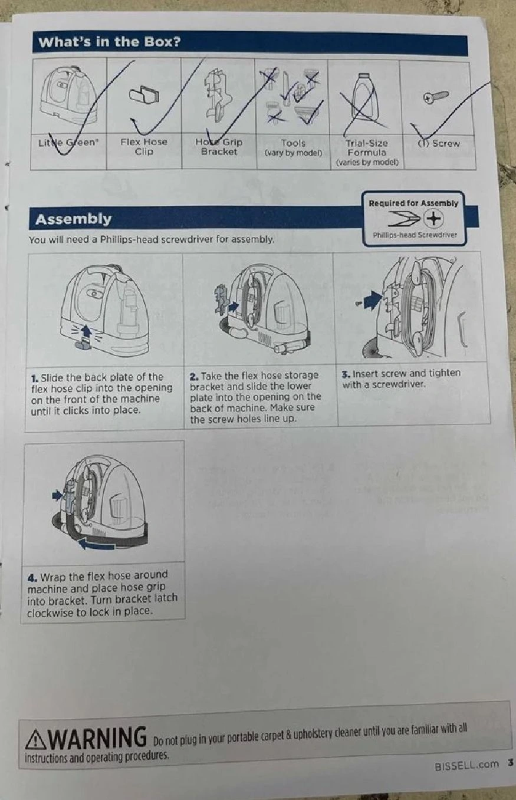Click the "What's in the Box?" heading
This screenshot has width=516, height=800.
[110, 42]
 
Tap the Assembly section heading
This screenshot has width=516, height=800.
[73, 219]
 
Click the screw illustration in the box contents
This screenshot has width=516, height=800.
[435, 97]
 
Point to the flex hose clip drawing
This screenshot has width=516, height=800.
[144, 94]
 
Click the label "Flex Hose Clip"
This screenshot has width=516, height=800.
[144, 146]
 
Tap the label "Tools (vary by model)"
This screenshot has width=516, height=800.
[293, 148]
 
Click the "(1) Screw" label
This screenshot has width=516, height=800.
[439, 143]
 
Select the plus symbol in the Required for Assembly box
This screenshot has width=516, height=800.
[434, 219]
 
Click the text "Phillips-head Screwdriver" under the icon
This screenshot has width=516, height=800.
[415, 235]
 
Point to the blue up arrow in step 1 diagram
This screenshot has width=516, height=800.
[86, 332]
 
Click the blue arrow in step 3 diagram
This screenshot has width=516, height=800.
[372, 300]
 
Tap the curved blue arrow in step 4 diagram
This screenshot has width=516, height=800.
[97, 545]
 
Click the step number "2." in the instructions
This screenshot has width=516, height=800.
[194, 377]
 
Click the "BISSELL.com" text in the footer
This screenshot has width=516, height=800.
[466, 765]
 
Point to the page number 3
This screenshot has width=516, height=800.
[511, 763]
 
